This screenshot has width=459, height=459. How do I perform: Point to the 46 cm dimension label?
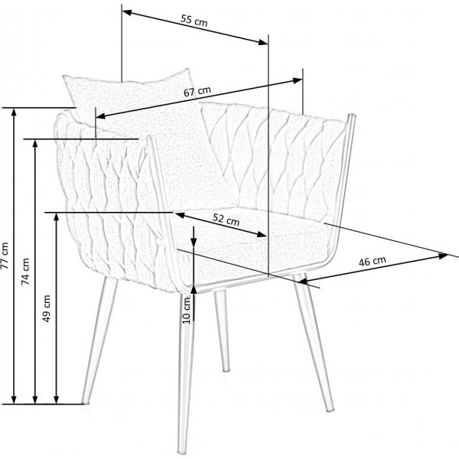coord(372,261)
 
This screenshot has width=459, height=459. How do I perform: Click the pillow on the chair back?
coord(134,96)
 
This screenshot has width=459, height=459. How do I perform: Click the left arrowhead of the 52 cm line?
coord(180,214)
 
